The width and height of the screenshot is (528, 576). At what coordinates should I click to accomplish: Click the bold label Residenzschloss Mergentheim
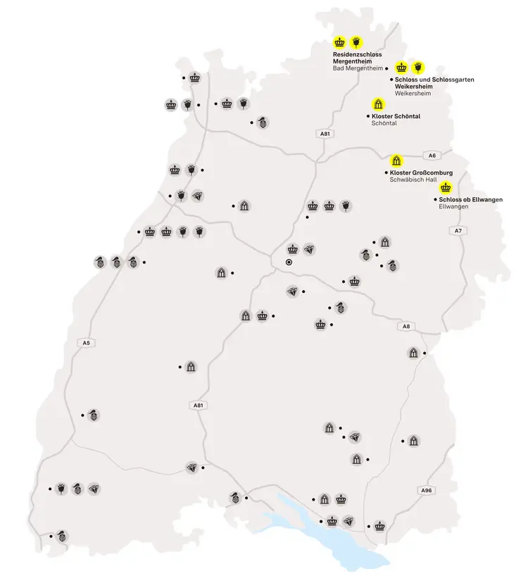[x=358, y=58]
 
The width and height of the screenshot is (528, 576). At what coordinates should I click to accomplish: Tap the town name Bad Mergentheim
[x=357, y=68]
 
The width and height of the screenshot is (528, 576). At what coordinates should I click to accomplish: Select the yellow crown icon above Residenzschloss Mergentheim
[x=340, y=42]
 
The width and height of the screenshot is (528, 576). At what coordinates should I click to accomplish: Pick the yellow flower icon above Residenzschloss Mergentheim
[x=356, y=42]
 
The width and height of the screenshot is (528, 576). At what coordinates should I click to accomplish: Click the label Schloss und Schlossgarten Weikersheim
[x=434, y=83]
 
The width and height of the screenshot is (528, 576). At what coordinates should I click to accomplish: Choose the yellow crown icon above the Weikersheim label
[x=401, y=68]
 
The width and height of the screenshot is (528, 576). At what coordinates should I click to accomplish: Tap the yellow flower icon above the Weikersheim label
[x=418, y=68]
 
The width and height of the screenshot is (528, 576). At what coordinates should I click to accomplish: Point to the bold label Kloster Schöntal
[x=396, y=116]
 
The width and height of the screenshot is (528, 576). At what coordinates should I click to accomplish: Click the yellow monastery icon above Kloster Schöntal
[x=378, y=104]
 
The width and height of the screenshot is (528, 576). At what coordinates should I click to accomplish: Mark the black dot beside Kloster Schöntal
[x=369, y=115]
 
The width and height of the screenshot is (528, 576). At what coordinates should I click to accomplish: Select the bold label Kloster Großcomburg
[x=420, y=173]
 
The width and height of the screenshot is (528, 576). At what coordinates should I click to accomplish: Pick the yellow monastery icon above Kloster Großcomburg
[x=396, y=161]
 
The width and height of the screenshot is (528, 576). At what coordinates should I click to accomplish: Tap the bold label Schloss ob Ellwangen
[x=470, y=200]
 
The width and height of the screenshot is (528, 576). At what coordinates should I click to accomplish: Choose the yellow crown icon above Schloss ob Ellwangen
[x=445, y=187]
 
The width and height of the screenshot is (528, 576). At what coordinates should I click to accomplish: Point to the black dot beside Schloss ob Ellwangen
[x=434, y=200]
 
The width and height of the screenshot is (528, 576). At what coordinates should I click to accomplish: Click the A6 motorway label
[x=431, y=155]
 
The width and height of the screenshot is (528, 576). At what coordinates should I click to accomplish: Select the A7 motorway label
[x=458, y=231]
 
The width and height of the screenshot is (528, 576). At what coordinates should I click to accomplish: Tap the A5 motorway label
[x=86, y=343]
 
